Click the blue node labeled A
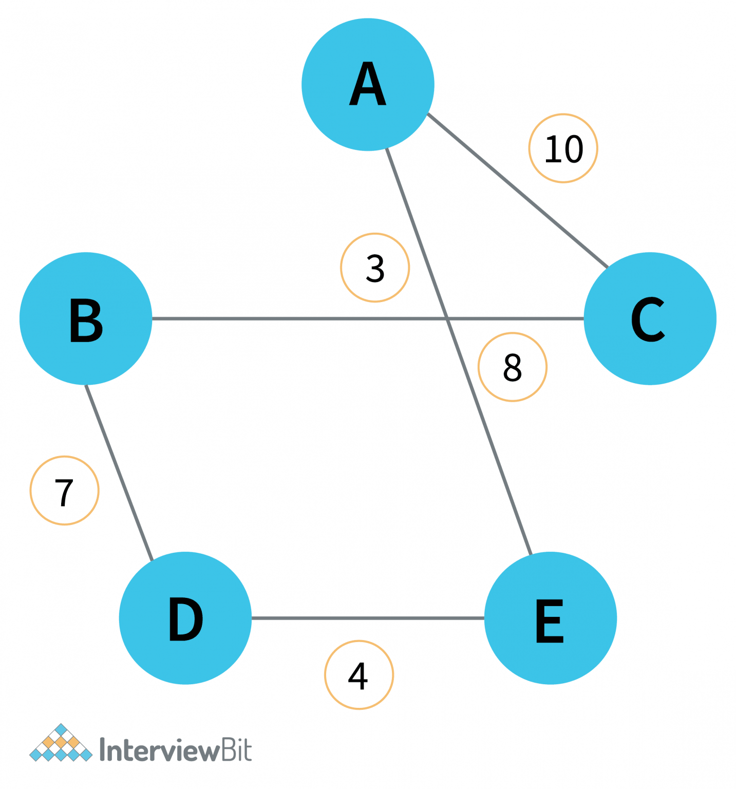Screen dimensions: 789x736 point(368,85)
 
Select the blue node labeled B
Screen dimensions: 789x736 point(86,318)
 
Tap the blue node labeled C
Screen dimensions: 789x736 point(650,318)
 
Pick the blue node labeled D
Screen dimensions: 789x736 point(185,618)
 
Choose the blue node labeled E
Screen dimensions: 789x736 point(551,618)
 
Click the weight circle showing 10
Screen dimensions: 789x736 point(563,148)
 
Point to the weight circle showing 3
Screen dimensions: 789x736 point(375,268)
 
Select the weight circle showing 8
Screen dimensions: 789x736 point(513,367)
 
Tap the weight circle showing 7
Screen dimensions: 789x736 point(65,491)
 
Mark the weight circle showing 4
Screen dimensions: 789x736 point(359,675)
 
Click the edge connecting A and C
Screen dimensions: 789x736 point(518,191)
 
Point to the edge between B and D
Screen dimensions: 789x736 point(119,473)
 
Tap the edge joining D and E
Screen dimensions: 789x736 point(368,618)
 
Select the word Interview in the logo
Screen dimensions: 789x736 point(159,750)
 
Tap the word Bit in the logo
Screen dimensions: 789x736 point(236,750)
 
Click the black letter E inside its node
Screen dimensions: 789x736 point(550,621)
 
